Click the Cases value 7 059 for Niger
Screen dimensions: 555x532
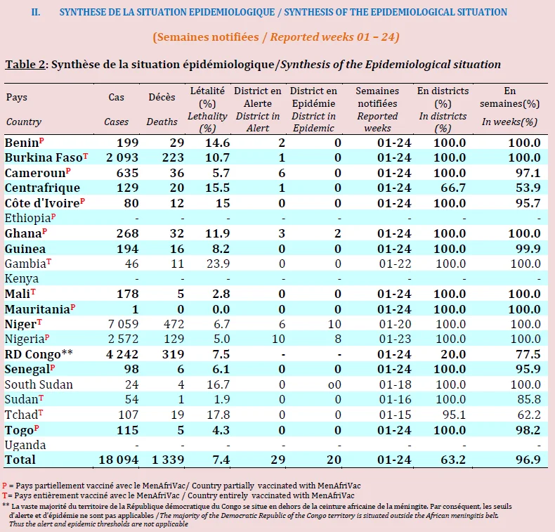click(123, 324)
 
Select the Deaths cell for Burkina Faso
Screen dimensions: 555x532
click(173, 157)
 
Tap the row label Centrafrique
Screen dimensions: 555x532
click(42, 188)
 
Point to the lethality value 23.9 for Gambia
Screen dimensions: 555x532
click(218, 264)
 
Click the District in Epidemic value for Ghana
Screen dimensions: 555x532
click(338, 233)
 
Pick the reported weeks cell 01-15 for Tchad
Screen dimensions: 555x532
click(395, 415)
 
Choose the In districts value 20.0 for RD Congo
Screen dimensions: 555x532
click(450, 354)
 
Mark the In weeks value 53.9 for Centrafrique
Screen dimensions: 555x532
click(528, 188)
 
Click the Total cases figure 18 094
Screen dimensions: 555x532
click(119, 460)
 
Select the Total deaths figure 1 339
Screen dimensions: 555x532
click(168, 460)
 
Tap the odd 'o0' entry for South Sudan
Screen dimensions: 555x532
click(334, 384)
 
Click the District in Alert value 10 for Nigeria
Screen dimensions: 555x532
click(279, 339)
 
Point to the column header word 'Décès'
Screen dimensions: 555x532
click(162, 97)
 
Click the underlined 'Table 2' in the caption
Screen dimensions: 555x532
click(25, 65)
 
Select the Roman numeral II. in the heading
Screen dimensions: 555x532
click(36, 13)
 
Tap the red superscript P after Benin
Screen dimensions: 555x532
click(41, 141)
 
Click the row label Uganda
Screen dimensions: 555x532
click(25, 445)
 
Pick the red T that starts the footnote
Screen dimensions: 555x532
click(5, 495)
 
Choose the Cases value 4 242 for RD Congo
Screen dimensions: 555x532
click(122, 354)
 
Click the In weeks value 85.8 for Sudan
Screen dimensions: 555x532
click(529, 399)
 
